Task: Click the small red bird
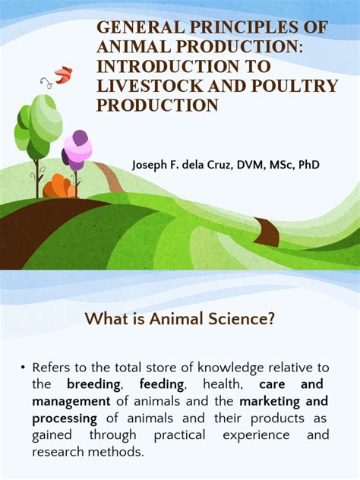point(63,74)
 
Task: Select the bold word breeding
point(93,385)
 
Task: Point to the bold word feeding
point(156,385)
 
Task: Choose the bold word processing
point(65,418)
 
